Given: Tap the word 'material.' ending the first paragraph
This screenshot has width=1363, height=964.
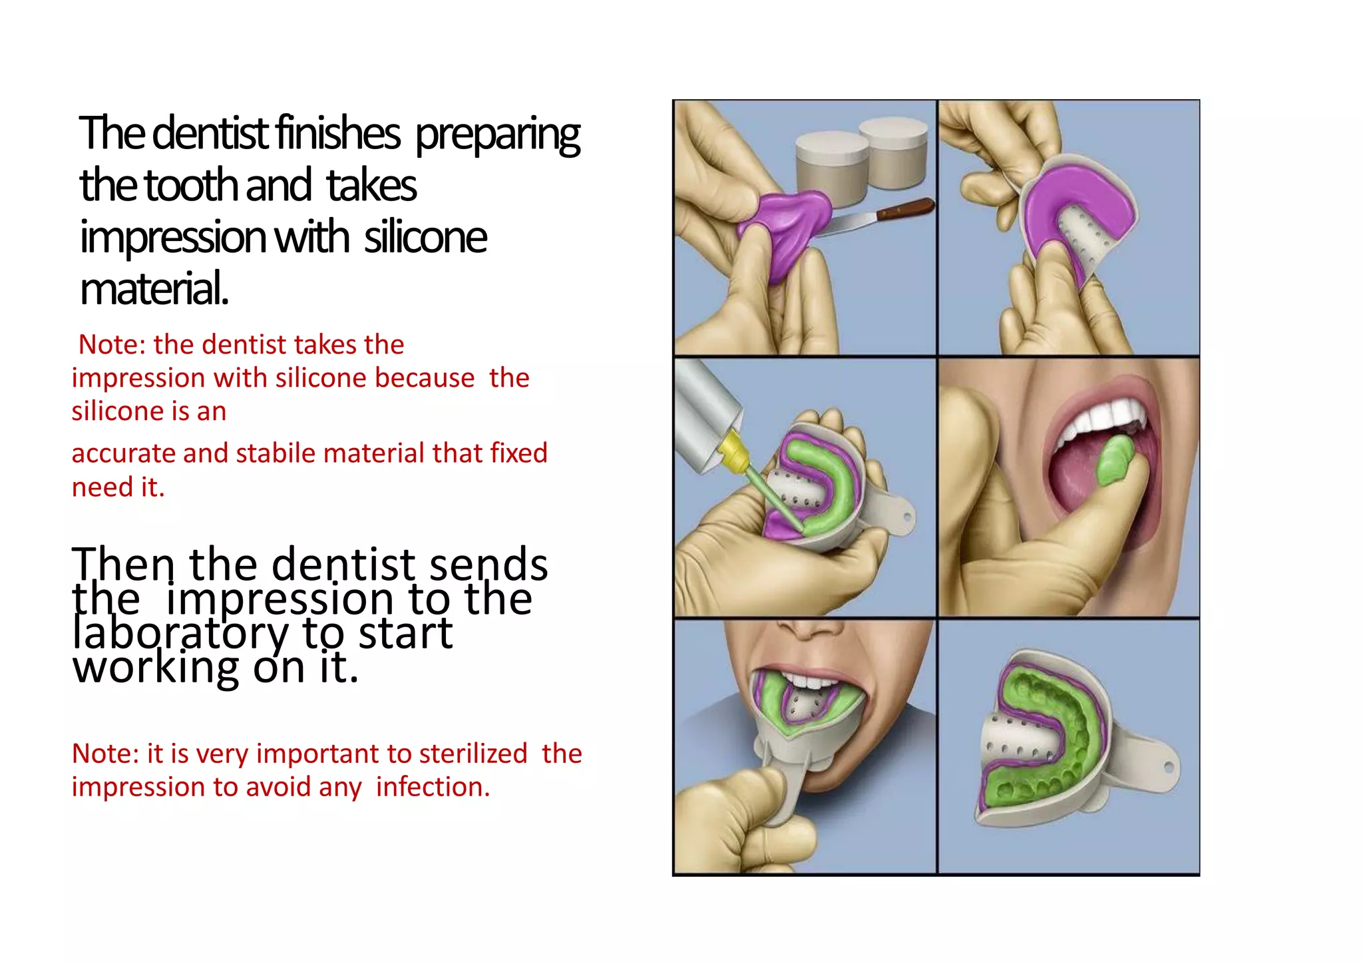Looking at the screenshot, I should [154, 289].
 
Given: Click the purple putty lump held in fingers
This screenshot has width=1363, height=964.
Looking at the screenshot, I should [785, 223].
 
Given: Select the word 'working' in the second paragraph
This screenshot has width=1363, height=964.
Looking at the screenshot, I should [155, 667].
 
